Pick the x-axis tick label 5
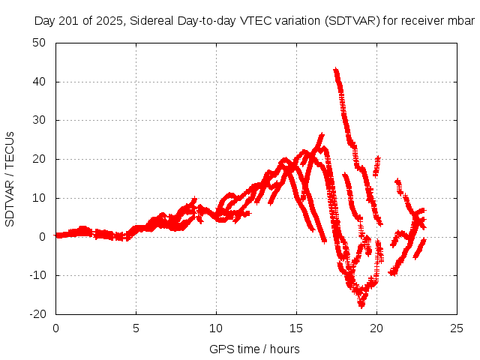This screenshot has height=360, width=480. [x=136, y=328]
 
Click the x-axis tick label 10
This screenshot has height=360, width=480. [x=216, y=328]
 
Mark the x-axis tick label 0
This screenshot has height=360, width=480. [x=55, y=328]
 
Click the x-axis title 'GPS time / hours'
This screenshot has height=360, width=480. [x=254, y=349]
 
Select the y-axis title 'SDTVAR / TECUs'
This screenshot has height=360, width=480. [x=10, y=178]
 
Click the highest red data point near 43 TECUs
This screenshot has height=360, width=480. [x=335, y=70]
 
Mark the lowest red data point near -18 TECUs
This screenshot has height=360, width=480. [x=361, y=305]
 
